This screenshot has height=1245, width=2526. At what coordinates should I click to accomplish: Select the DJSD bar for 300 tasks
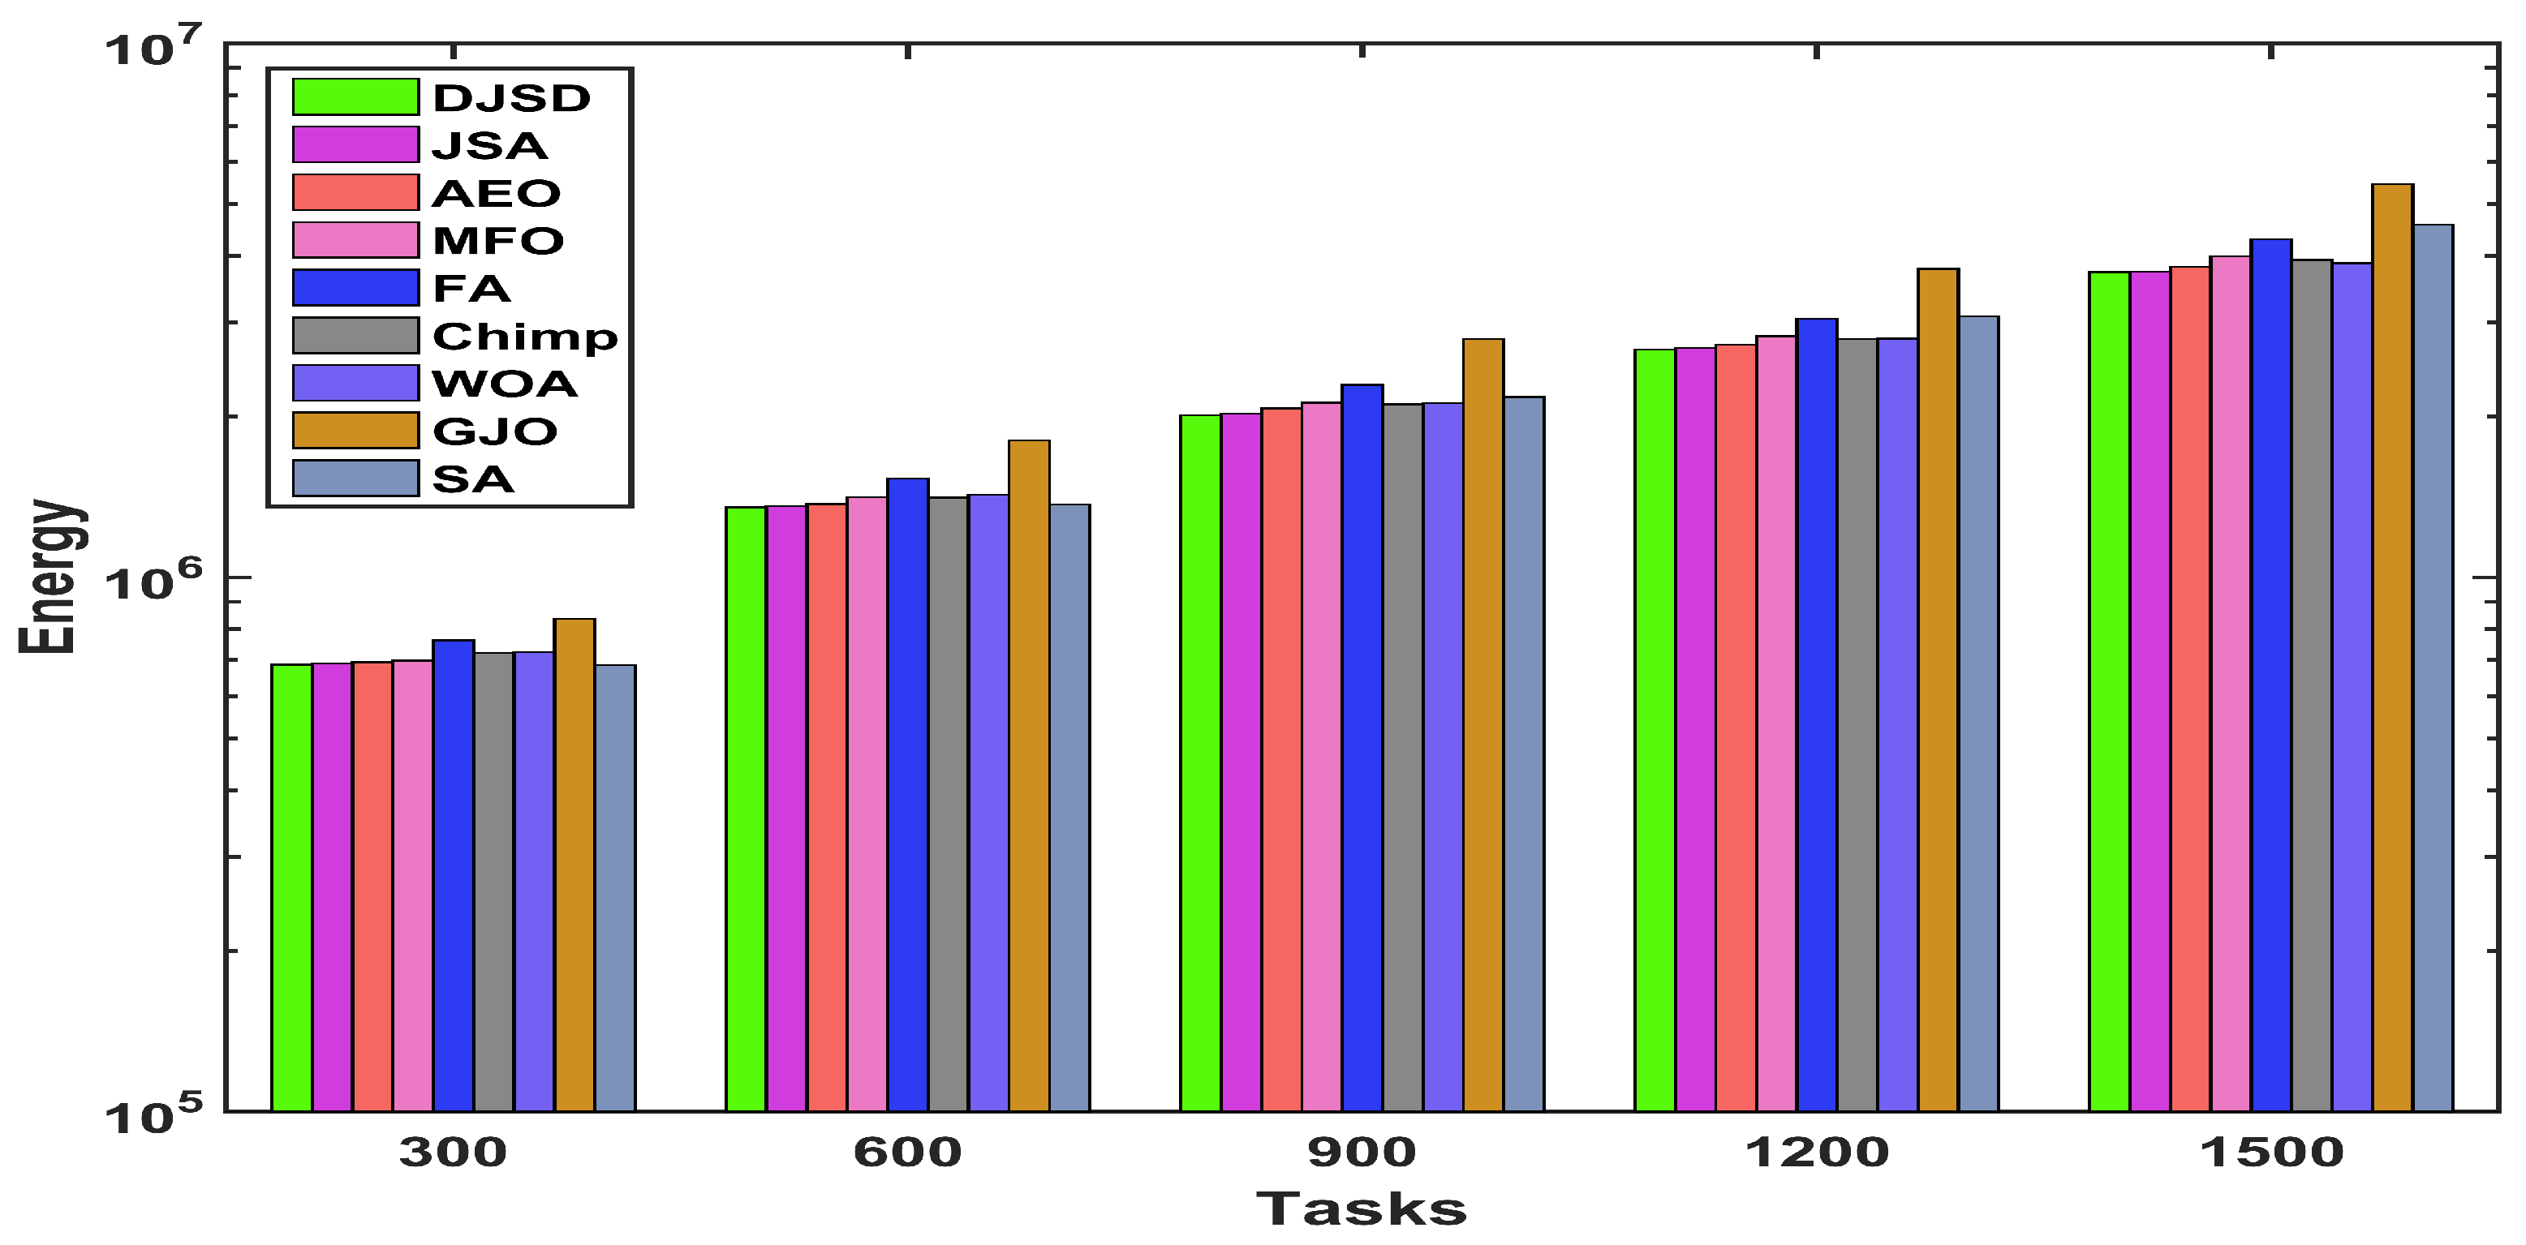[x=291, y=887]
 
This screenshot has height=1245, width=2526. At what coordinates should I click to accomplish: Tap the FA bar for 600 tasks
[x=907, y=794]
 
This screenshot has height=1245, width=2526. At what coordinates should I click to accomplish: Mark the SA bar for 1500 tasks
[x=2433, y=668]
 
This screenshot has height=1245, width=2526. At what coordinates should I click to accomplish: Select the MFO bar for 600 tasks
[x=867, y=804]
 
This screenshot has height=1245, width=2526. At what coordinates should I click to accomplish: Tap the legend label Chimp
[x=525, y=337]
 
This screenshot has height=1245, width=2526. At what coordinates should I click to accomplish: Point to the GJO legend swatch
[x=355, y=431]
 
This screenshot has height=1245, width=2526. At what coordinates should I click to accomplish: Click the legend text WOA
[x=504, y=384]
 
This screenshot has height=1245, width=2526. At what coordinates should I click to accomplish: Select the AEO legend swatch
[x=355, y=192]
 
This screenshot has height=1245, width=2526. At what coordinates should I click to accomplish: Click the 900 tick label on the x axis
[x=1362, y=1152]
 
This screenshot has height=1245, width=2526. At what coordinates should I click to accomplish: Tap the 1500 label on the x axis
[x=2272, y=1152]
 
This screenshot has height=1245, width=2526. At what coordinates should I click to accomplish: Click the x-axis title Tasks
[x=1362, y=1209]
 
